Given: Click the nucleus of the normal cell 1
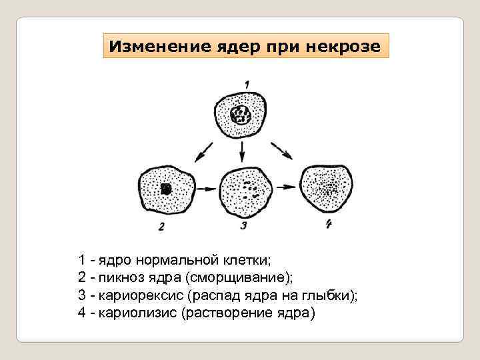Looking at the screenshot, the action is tap(241, 117).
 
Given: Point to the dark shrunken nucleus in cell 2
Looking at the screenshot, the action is tap(166, 190).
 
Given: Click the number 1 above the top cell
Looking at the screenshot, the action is tap(247, 84).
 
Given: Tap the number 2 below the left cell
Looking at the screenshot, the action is tap(161, 227).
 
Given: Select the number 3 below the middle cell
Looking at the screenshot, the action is tap(243, 226).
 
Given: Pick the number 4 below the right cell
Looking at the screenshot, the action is tap(328, 224).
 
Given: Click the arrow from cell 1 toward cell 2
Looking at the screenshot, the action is tap(203, 152).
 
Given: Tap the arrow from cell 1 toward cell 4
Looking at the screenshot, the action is tap(283, 151).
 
